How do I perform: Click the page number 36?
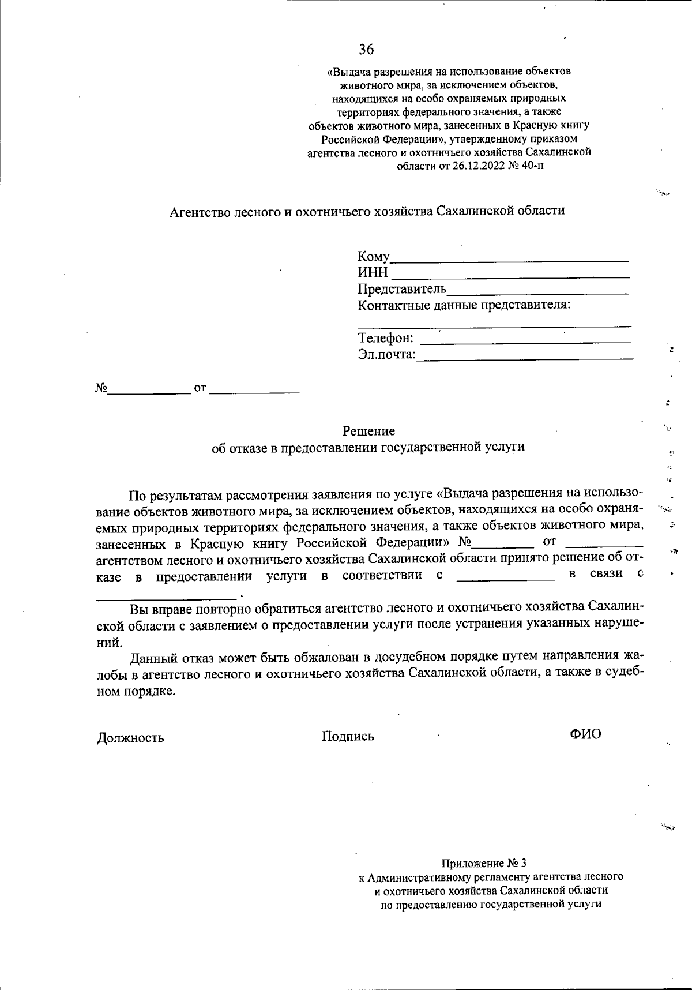point(366,50)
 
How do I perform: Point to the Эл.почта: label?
point(386,354)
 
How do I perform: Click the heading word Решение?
point(369,431)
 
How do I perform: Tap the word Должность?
point(131,737)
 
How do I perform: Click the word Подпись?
point(348,736)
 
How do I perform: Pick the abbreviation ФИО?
point(585,734)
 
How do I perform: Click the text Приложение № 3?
point(484,864)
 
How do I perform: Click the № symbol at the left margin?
point(101,388)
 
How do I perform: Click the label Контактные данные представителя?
point(464,305)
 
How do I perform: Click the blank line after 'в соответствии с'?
point(505,577)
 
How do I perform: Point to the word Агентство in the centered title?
point(198,211)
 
